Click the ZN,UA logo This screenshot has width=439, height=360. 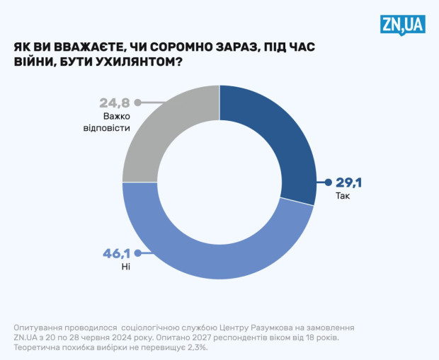(x=401, y=25)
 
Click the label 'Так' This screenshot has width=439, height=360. (x=343, y=197)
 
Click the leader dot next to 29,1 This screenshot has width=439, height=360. (x=328, y=182)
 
